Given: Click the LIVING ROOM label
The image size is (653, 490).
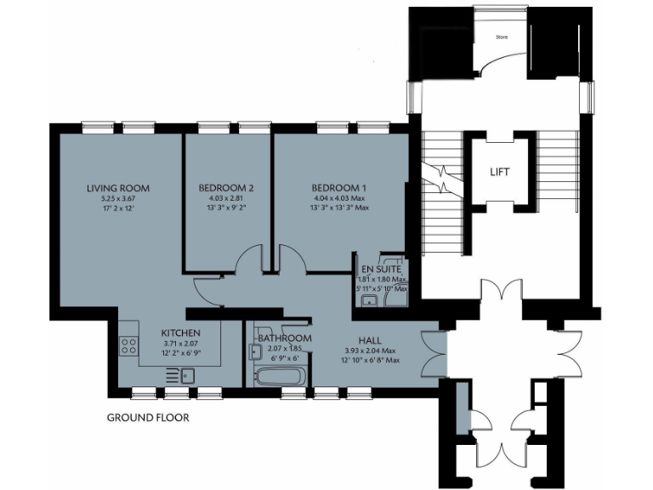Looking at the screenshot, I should click(118, 188).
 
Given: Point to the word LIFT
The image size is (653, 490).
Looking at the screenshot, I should click(501, 172).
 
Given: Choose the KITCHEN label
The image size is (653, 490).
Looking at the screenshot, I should click(181, 333).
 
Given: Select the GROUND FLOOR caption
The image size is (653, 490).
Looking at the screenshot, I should click(147, 418).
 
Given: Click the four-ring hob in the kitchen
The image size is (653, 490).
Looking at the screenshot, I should click(130, 345).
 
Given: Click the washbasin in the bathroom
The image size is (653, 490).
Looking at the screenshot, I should click(255, 350).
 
